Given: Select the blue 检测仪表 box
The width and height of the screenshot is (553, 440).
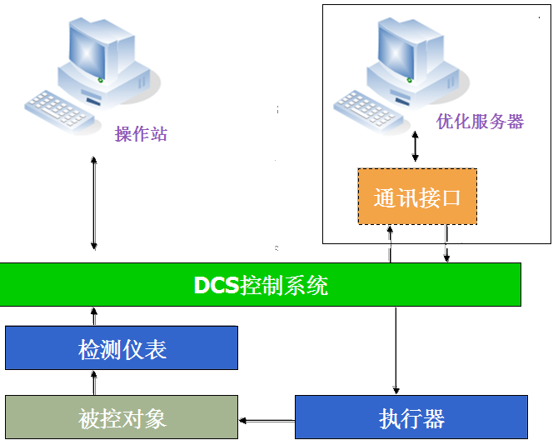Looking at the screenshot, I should pos(122,347).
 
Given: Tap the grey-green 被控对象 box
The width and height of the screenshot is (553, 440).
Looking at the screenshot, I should pos(122,417).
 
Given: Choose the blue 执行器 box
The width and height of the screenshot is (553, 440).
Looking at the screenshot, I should pos(411,417).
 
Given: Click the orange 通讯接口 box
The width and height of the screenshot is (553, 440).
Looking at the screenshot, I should pos(417,197).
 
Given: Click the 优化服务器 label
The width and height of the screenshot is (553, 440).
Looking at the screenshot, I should pos(480,122).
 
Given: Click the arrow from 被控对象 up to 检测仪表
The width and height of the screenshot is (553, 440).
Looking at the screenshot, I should pos(93,382).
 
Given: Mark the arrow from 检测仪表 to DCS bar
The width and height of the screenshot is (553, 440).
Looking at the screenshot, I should pos(93,316).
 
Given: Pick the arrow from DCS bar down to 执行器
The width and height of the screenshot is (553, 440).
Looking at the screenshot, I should pos(396,350).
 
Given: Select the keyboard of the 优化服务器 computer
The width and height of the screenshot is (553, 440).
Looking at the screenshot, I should pos(366,106).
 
